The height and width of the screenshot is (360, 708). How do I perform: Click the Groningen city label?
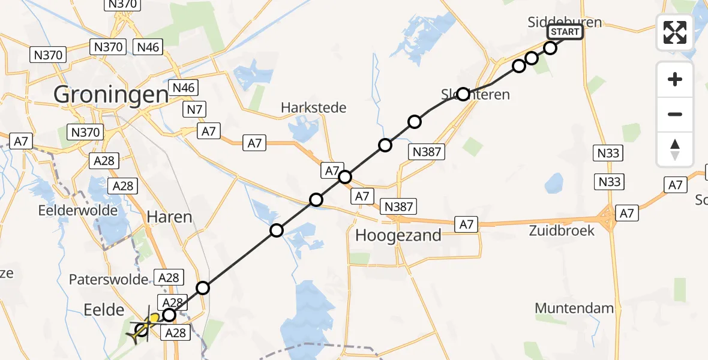[x=111, y=94]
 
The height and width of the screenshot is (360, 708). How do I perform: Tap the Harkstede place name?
[x=314, y=108]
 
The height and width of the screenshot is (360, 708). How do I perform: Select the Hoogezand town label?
[x=398, y=235]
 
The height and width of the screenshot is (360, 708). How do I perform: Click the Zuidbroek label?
[x=562, y=230]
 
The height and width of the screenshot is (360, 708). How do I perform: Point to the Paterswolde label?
[x=109, y=280]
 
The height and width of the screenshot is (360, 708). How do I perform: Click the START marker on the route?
[x=565, y=32]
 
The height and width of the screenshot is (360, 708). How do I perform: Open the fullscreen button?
[x=675, y=32]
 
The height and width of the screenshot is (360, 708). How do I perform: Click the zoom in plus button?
[x=675, y=79]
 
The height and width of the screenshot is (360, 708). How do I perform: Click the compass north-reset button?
[x=675, y=149]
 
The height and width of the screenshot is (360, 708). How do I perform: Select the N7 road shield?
[x=194, y=109]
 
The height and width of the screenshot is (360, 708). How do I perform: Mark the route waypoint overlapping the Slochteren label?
[x=463, y=94]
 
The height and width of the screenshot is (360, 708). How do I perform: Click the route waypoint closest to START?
[x=550, y=47]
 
